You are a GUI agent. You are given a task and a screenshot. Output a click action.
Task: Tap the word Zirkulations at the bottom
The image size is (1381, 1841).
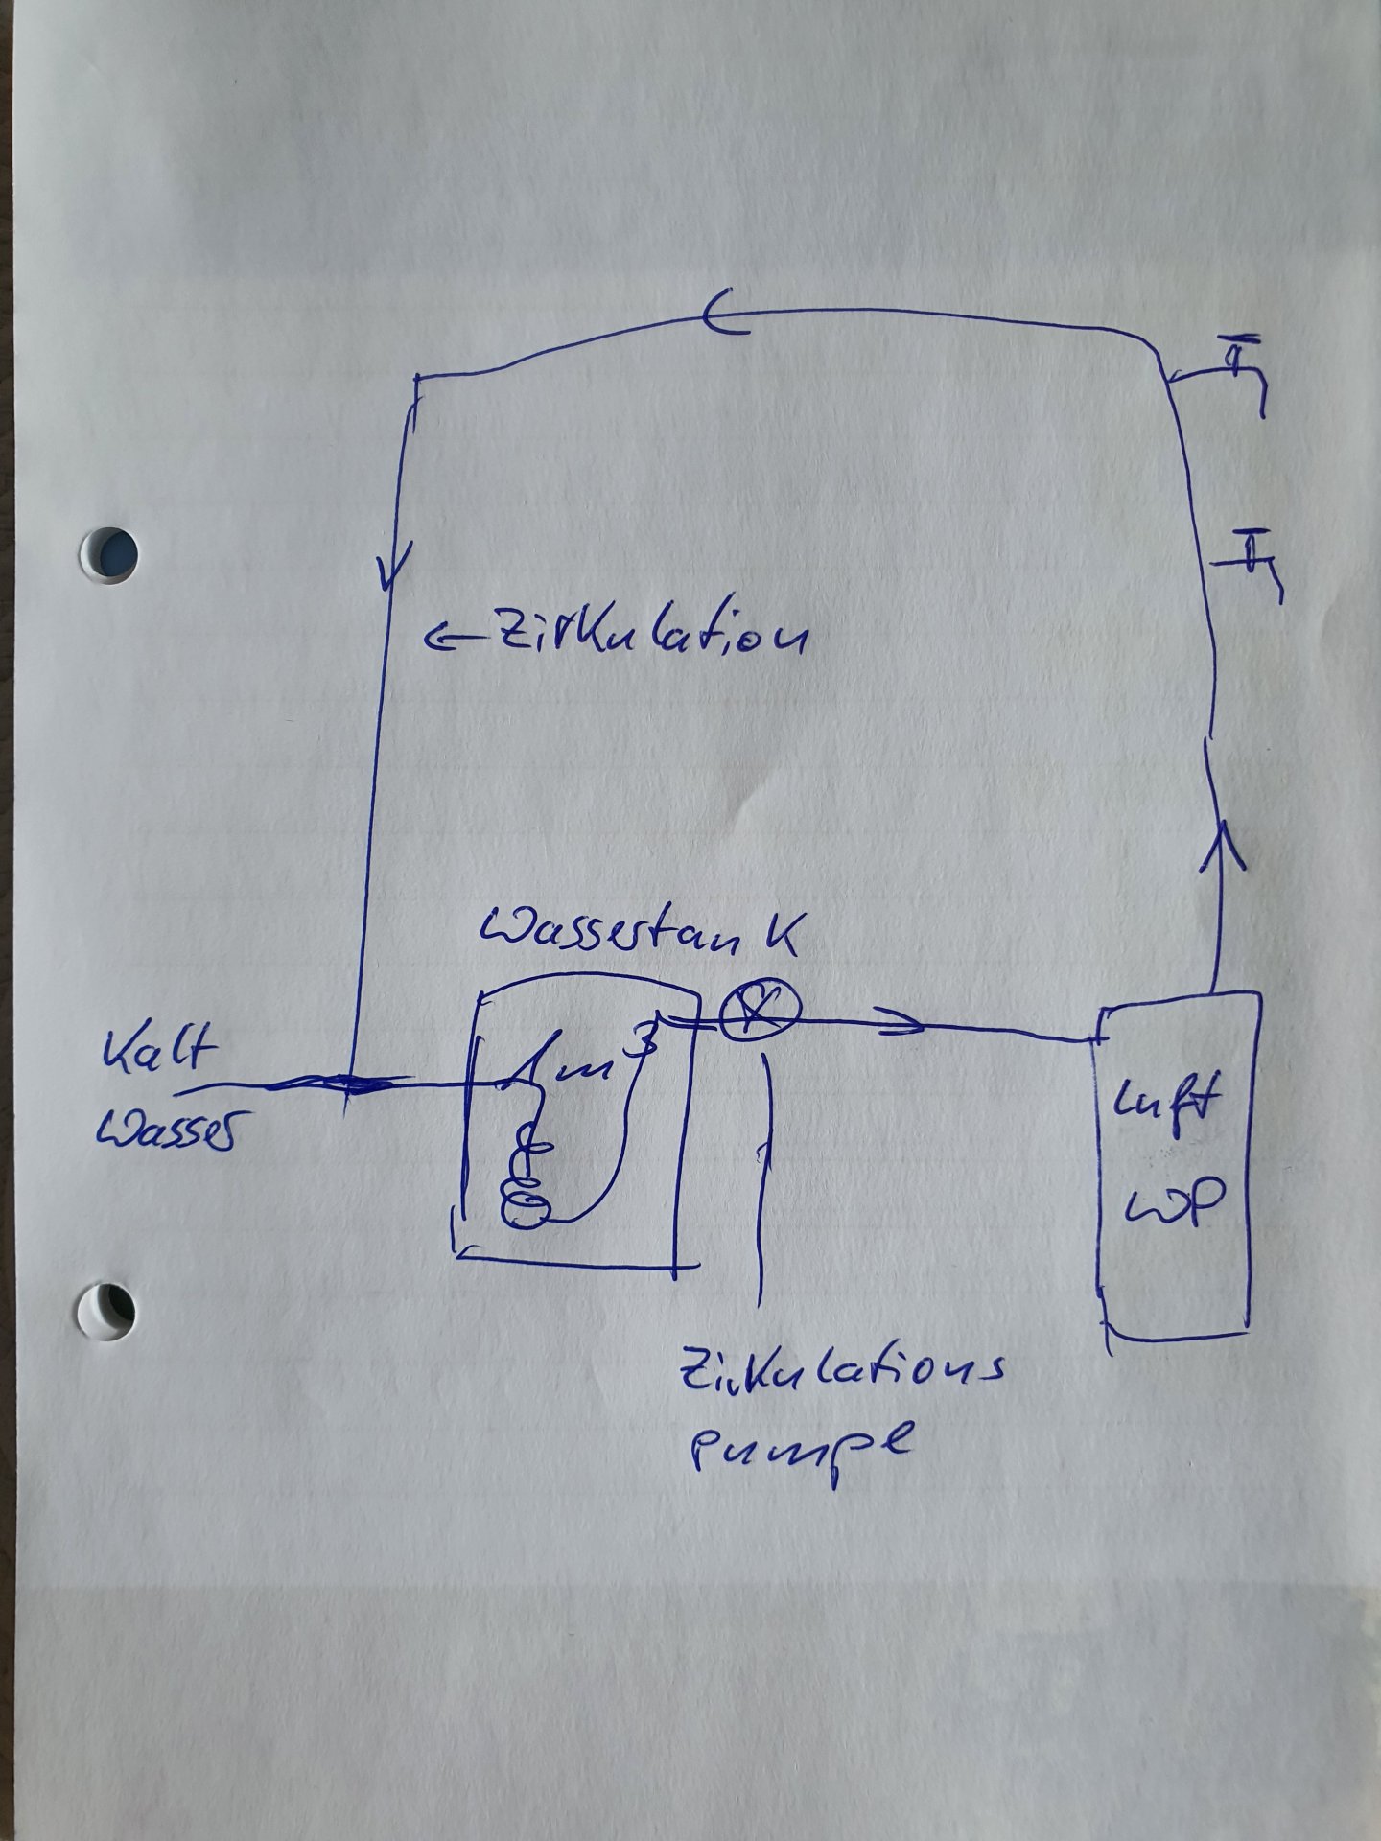click(x=840, y=1383)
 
